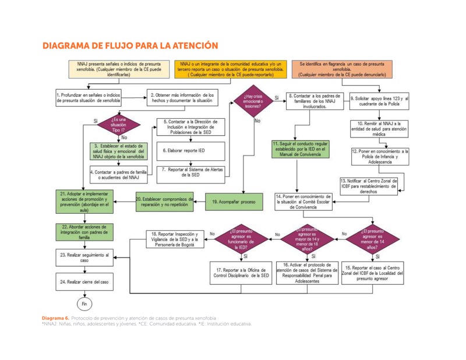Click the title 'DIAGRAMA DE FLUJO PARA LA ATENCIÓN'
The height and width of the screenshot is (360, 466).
(130, 45)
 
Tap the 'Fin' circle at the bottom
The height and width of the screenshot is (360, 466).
(85, 303)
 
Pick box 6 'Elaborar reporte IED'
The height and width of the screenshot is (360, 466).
(184, 150)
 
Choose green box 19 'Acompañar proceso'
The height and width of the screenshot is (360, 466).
(233, 202)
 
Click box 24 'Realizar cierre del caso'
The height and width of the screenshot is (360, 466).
(85, 281)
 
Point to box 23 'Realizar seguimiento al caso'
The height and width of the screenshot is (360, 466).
(85, 257)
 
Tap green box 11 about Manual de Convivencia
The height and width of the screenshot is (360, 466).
(301, 149)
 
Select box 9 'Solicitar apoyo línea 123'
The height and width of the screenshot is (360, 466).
(379, 101)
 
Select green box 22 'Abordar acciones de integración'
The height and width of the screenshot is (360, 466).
(85, 231)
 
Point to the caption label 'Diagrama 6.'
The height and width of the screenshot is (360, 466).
(55, 318)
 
